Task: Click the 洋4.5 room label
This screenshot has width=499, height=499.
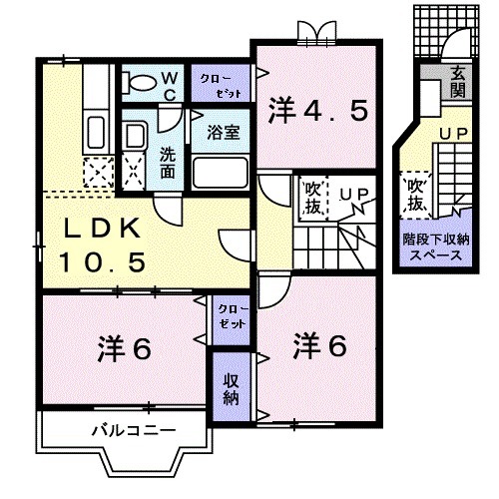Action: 316,109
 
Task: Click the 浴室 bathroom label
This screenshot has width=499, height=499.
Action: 221,130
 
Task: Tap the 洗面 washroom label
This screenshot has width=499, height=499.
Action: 169,164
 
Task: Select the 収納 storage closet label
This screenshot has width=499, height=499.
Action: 230,389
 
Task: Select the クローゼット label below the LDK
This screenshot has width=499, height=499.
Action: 230,318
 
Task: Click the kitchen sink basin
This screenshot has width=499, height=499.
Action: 96,130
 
